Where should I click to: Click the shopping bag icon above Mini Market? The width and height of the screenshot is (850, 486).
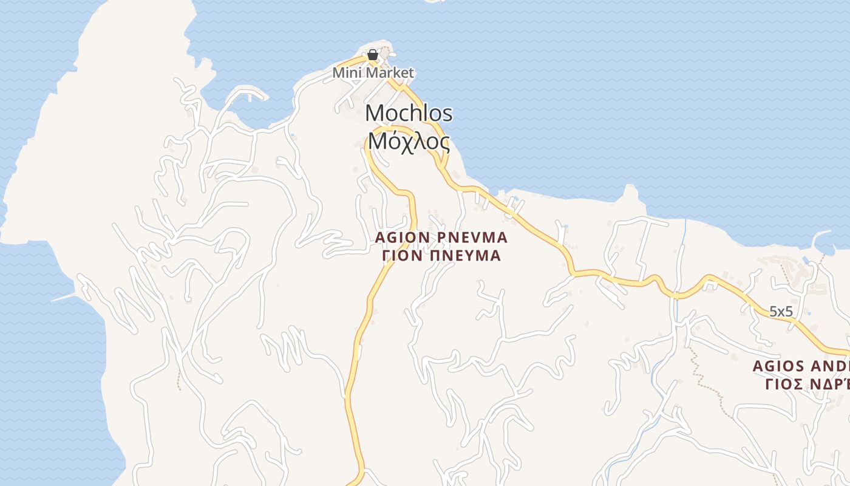coord(373,55)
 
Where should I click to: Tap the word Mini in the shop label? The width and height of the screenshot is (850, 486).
coord(344,73)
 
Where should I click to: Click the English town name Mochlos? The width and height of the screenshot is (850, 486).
coord(409,113)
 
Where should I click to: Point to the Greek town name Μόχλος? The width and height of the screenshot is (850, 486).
coord(409,142)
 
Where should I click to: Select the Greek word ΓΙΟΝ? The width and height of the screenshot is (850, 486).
coord(402,256)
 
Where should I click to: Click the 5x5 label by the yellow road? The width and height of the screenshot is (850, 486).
coord(781,312)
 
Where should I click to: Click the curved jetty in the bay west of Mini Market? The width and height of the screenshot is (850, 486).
coord(249,94)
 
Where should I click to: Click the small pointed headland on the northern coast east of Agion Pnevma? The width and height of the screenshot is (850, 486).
coord(630,193)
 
